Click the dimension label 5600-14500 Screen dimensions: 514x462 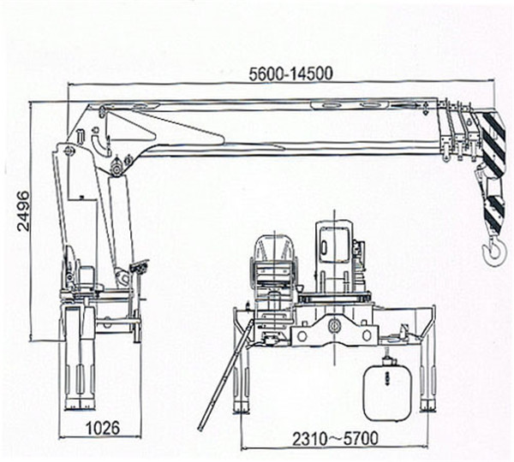[290, 74]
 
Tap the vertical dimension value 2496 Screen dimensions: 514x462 [23, 211]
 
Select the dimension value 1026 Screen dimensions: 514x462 [103, 428]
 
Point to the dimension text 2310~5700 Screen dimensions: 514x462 [335, 439]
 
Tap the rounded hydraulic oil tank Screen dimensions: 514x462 [387, 392]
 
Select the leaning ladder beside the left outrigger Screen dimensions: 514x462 [225, 374]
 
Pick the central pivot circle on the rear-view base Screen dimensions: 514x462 [334, 326]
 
